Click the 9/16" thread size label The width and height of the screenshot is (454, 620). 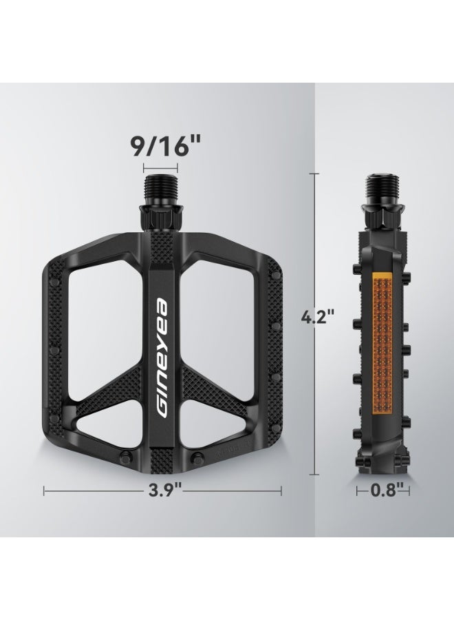(161, 147)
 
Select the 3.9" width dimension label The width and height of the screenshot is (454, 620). (162, 491)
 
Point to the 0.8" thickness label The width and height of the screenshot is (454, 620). (383, 491)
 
